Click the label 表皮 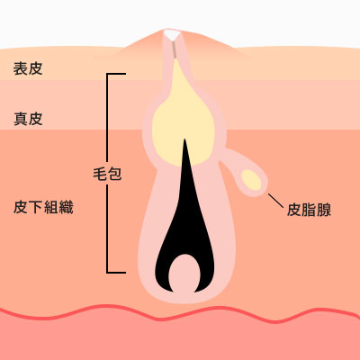click(x=28, y=68)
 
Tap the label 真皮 click(x=28, y=119)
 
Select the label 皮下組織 click(x=43, y=207)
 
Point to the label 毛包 click(x=107, y=174)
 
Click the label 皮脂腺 click(x=309, y=210)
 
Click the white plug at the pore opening click(x=172, y=35)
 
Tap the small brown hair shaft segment click(x=175, y=49)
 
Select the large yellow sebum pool click(x=183, y=120)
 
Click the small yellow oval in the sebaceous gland click(x=251, y=180)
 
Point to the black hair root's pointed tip click(x=184, y=139)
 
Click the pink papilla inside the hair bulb click(x=184, y=273)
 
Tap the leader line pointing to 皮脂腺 click(x=275, y=201)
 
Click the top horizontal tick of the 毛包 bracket click(x=116, y=74)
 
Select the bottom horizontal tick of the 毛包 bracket click(x=116, y=273)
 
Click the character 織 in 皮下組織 click(x=67, y=207)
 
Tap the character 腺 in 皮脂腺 click(x=324, y=210)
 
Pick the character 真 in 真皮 click(x=21, y=119)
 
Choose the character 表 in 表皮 click(x=21, y=68)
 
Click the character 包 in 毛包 click(x=114, y=174)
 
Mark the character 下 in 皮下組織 click(x=36, y=207)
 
